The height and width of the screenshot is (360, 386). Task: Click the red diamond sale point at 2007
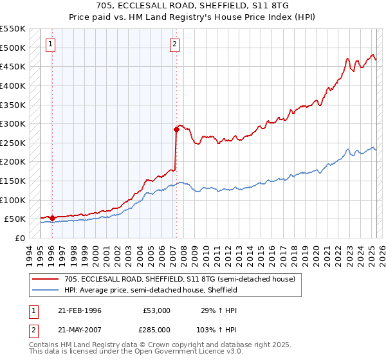tap(176, 129)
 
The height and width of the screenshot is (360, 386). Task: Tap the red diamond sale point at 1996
tap(52, 218)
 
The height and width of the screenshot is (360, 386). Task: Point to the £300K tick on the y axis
tap(14, 123)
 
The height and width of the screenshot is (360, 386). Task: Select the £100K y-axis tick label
tap(14, 200)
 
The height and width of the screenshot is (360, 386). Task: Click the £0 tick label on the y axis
tap(19, 238)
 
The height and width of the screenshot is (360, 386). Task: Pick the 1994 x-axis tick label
tap(28, 252)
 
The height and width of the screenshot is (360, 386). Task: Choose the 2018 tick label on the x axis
tap(293, 252)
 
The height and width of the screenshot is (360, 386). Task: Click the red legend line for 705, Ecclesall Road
tap(46, 279)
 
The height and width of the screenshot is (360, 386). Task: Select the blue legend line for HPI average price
tap(46, 290)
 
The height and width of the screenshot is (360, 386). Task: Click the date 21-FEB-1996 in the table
tap(80, 310)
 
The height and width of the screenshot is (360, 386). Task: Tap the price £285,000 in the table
tap(157, 329)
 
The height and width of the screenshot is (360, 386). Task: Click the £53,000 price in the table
tap(157, 310)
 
